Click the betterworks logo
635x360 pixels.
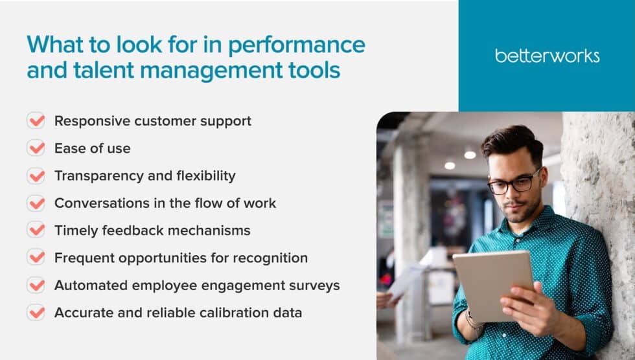click(x=547, y=56)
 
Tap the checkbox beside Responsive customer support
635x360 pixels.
click(x=36, y=121)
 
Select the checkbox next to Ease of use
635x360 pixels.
click(x=36, y=148)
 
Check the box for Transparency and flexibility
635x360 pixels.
click(x=36, y=175)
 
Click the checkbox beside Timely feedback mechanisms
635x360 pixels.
click(x=36, y=230)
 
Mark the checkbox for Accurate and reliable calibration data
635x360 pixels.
click(x=36, y=312)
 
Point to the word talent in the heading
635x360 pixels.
click(x=94, y=69)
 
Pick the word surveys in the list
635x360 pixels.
click(x=316, y=285)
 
